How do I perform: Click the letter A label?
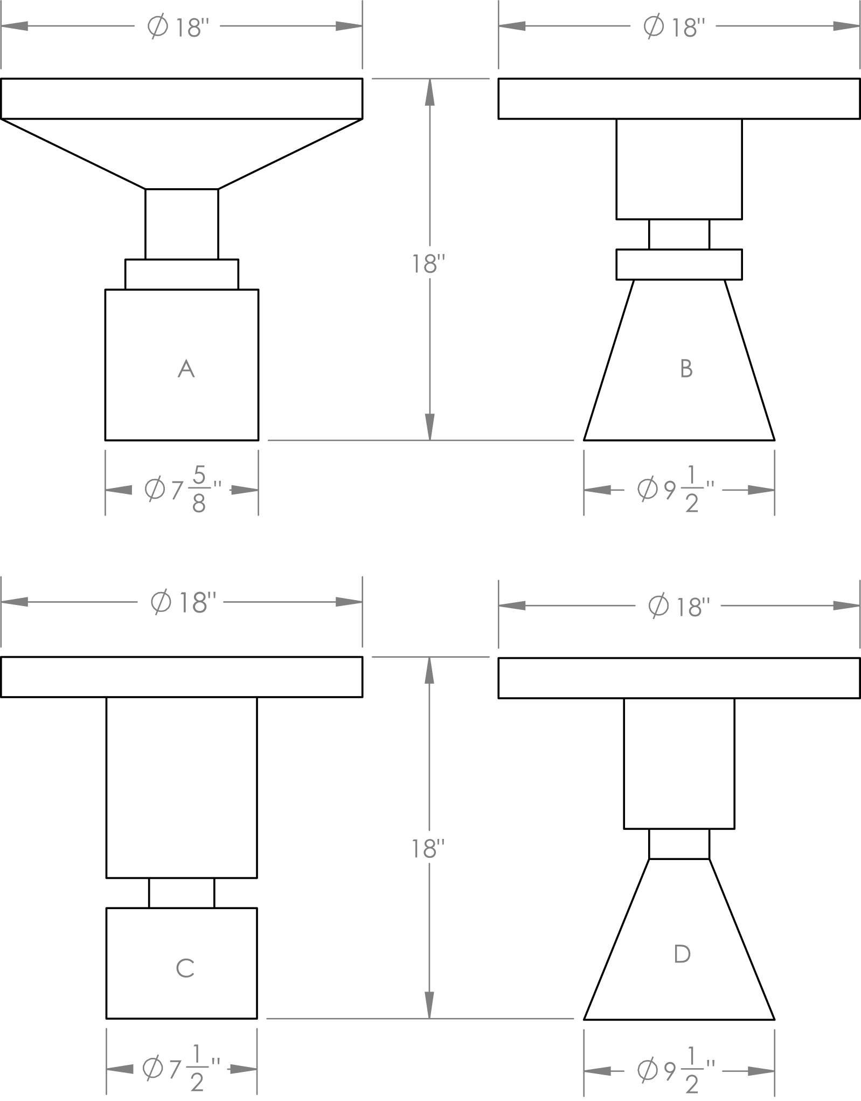[186, 369]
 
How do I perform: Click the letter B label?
[686, 369]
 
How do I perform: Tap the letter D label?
[682, 954]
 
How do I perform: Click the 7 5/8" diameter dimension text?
[183, 490]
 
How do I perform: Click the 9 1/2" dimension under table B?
[676, 490]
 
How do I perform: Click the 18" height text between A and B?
[429, 264]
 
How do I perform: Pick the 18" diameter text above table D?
[676, 607]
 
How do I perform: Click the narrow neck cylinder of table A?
[182, 224]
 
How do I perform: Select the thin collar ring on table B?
[679, 264]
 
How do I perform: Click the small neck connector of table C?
[182, 893]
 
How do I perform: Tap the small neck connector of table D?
[679, 844]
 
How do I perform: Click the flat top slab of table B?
[679, 99]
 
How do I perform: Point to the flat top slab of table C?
[182, 677]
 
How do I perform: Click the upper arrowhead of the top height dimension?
[429, 92]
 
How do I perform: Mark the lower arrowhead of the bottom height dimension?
[429, 1006]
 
